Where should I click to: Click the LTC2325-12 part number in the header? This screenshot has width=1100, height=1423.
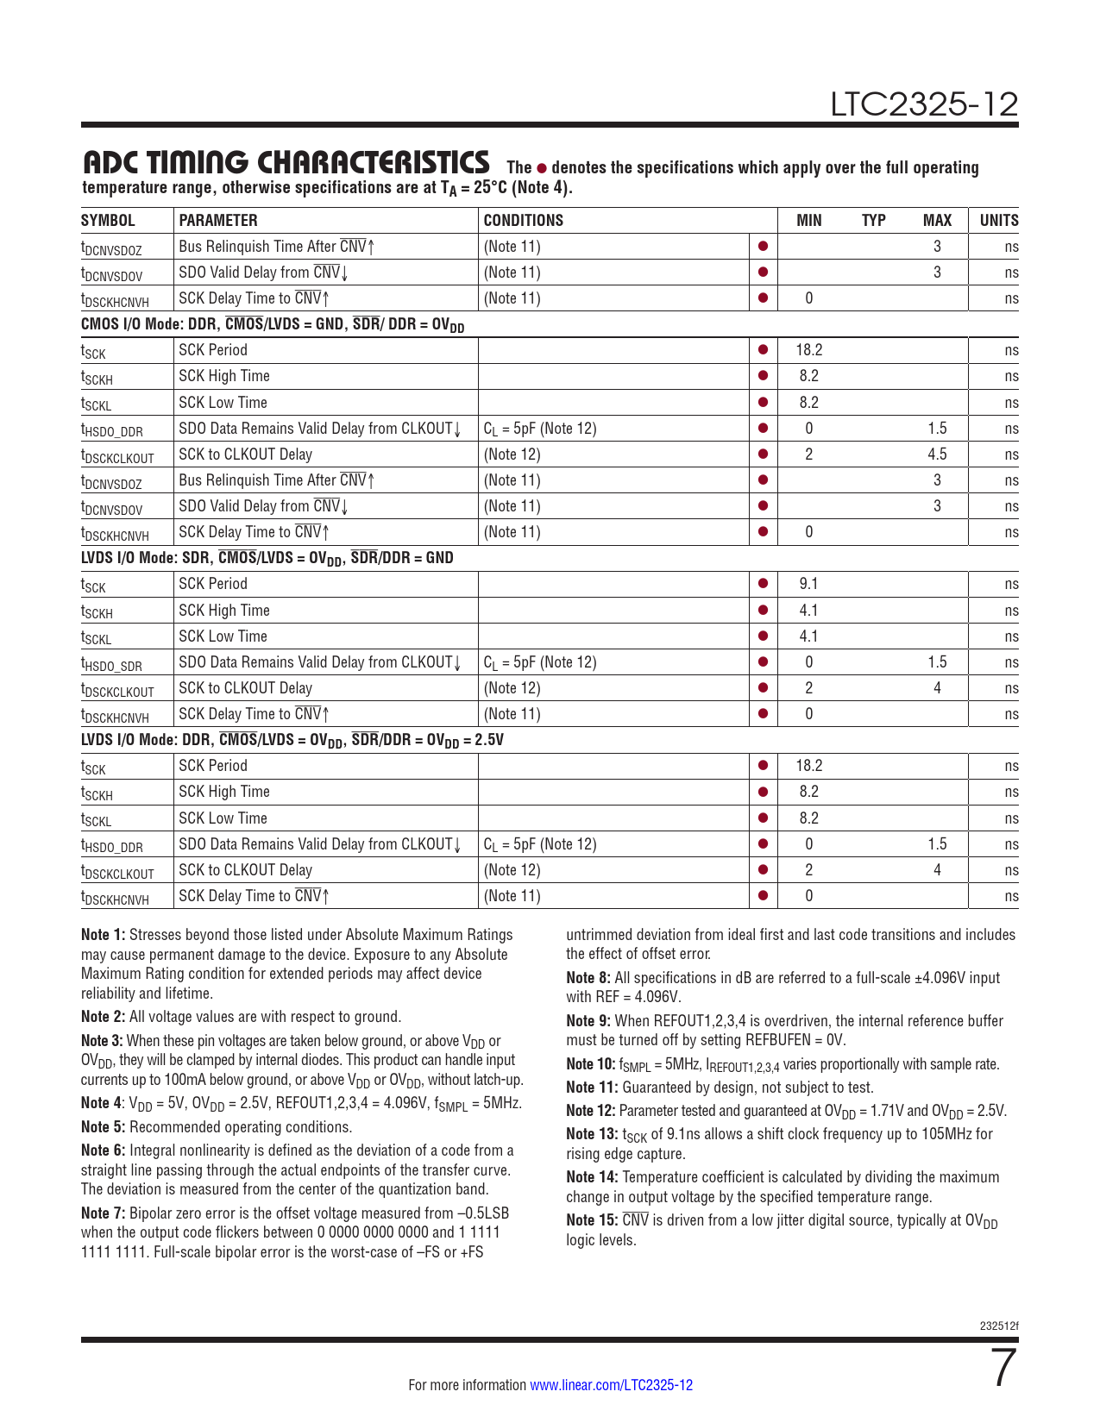(x=924, y=105)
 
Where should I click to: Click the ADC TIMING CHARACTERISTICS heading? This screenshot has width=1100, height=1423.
(x=286, y=162)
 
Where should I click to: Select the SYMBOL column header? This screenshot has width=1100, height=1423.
(x=108, y=220)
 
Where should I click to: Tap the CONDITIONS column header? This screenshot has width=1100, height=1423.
(x=523, y=220)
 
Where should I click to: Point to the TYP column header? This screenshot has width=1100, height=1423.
(x=873, y=220)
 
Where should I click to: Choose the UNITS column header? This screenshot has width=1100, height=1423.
(x=998, y=220)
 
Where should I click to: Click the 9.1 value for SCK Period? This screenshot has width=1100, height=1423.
(x=808, y=584)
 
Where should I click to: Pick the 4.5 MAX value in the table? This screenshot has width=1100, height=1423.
(x=937, y=454)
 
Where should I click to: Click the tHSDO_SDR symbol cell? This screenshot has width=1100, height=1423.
(x=111, y=664)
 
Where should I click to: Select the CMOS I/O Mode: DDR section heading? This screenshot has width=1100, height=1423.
(x=272, y=324)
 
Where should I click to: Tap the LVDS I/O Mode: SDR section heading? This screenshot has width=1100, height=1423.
(x=267, y=558)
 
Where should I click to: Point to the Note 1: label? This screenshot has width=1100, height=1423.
(x=103, y=935)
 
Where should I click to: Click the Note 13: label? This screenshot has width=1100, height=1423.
(x=591, y=1134)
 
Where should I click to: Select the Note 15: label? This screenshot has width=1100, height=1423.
(x=591, y=1220)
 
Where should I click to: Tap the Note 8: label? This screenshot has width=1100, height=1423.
(x=588, y=978)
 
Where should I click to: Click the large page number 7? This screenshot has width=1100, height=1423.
(x=1003, y=1369)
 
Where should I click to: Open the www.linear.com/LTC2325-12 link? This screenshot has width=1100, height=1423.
(x=611, y=1385)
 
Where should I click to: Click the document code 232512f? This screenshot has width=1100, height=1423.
(x=999, y=1326)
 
